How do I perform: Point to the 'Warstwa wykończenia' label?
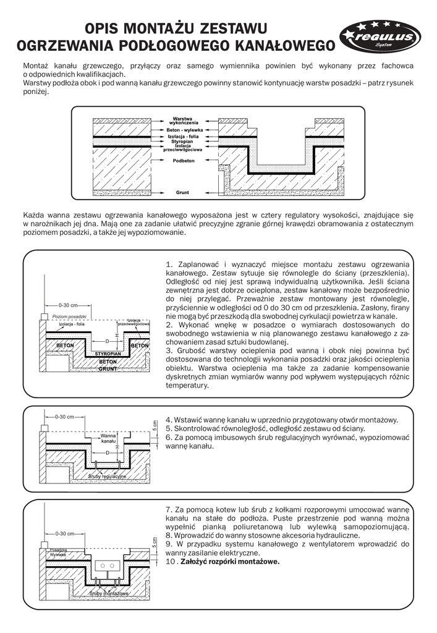[x=182, y=121]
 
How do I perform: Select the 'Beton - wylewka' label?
[x=182, y=130]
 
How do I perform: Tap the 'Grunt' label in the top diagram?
[x=182, y=192]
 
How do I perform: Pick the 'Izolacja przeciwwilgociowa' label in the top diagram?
[x=182, y=148]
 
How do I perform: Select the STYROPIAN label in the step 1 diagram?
[x=108, y=352]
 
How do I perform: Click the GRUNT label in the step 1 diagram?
[x=108, y=369]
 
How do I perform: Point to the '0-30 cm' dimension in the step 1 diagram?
[x=68, y=305]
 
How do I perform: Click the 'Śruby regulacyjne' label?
[x=108, y=477]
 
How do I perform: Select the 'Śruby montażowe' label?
[x=109, y=593]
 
